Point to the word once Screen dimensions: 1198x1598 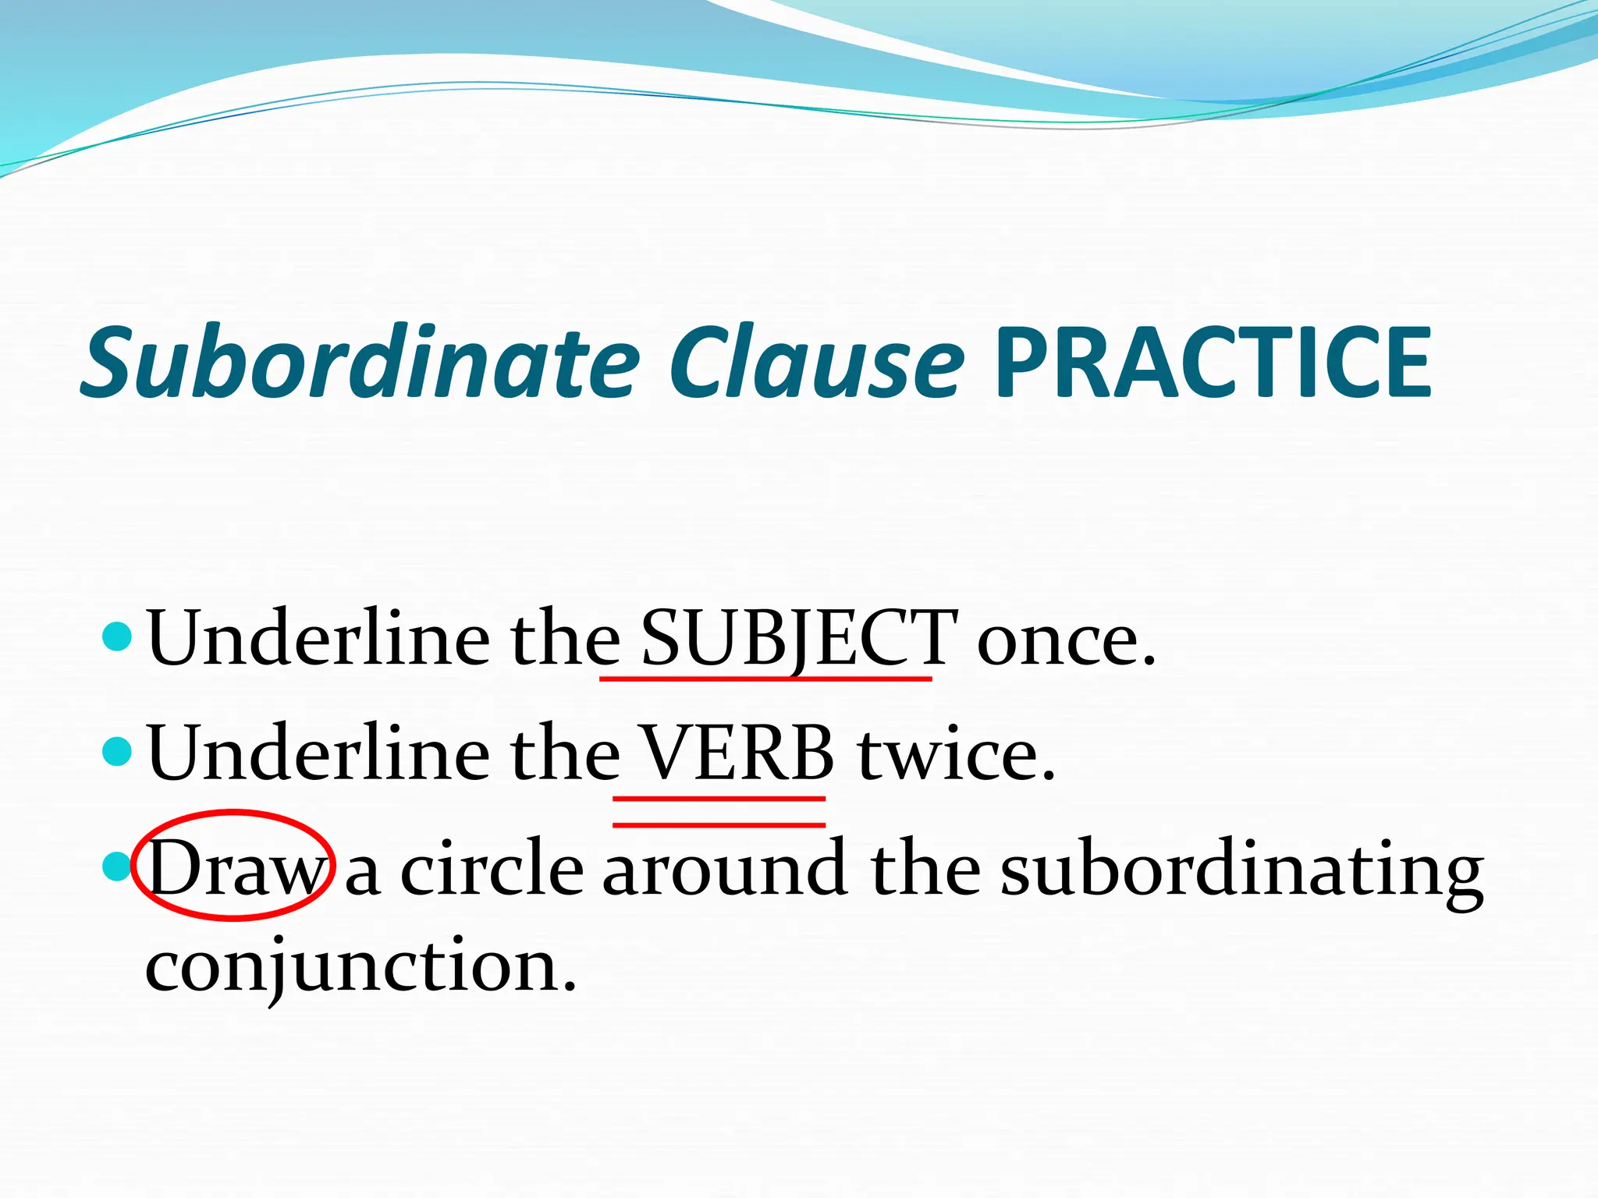[1065, 640]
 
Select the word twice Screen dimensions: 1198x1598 [956, 753]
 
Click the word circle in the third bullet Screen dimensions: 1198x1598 [492, 867]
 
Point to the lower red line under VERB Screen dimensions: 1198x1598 [719, 824]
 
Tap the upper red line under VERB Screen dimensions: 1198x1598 [719, 799]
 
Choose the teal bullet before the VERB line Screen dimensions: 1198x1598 [117, 752]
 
